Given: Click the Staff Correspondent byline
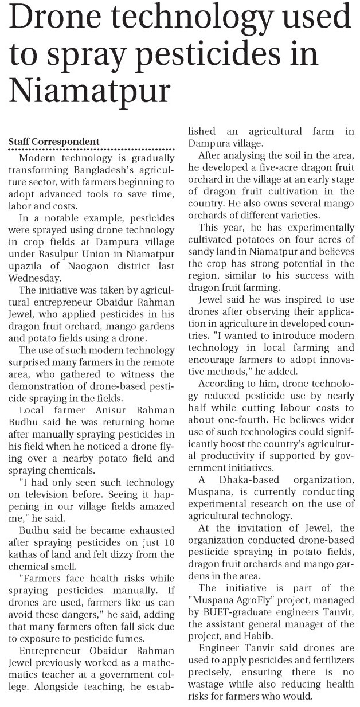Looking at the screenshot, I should point(54,142).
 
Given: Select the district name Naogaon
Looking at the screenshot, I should point(90,266).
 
